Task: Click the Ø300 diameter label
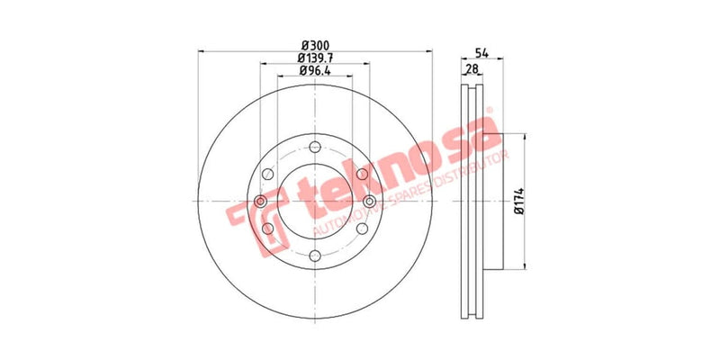pyautogui.click(x=314, y=45)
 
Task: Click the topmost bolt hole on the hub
pyautogui.click(x=314, y=148)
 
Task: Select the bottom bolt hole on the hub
pyautogui.click(x=314, y=256)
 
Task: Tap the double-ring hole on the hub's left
pyautogui.click(x=260, y=202)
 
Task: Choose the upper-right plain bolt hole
pyautogui.click(x=361, y=175)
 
